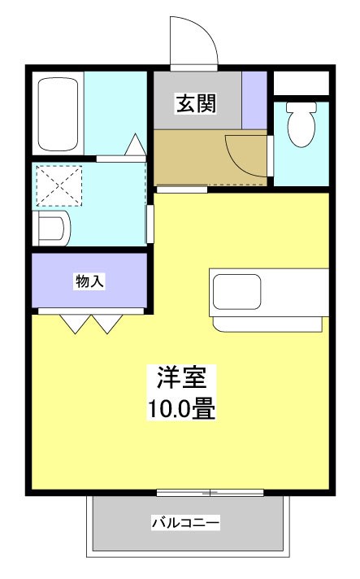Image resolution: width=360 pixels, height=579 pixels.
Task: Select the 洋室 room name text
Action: tap(181, 379)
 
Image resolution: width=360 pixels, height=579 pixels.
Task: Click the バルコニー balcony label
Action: tap(185, 523)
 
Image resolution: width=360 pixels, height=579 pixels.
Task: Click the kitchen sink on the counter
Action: tap(236, 291)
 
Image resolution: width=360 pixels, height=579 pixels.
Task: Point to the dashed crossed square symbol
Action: tap(58, 186)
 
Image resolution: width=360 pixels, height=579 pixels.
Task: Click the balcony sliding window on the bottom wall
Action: tap(210, 492)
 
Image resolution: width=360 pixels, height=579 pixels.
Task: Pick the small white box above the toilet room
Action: tap(300, 82)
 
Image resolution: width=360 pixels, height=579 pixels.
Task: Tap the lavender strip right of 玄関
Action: tap(254, 100)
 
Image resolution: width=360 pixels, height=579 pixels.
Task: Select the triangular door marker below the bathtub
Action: tap(135, 146)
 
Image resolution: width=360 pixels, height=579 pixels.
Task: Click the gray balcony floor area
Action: tap(122, 537)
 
